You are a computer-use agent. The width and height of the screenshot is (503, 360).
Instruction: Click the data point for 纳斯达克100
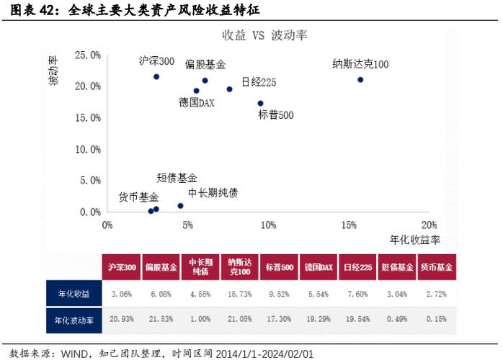tap(360, 80)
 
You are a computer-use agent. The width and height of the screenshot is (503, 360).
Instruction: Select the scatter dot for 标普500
tap(260, 103)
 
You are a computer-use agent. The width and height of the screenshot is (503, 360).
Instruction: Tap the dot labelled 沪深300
tap(156, 76)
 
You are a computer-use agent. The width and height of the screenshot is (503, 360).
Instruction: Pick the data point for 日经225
tap(229, 89)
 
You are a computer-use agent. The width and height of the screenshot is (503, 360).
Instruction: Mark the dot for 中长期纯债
tap(180, 206)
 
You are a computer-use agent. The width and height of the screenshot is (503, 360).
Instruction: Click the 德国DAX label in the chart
tap(197, 102)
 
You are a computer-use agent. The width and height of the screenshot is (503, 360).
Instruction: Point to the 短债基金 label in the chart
tap(177, 177)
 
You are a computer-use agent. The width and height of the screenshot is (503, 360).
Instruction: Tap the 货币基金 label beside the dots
tap(139, 197)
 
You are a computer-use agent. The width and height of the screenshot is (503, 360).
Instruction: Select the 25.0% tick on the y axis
tap(88, 55)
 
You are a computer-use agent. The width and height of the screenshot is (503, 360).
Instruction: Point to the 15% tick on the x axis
tap(349, 226)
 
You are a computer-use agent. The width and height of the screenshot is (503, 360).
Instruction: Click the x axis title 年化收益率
tap(415, 238)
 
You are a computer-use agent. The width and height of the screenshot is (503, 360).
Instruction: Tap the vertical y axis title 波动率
tap(53, 72)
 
